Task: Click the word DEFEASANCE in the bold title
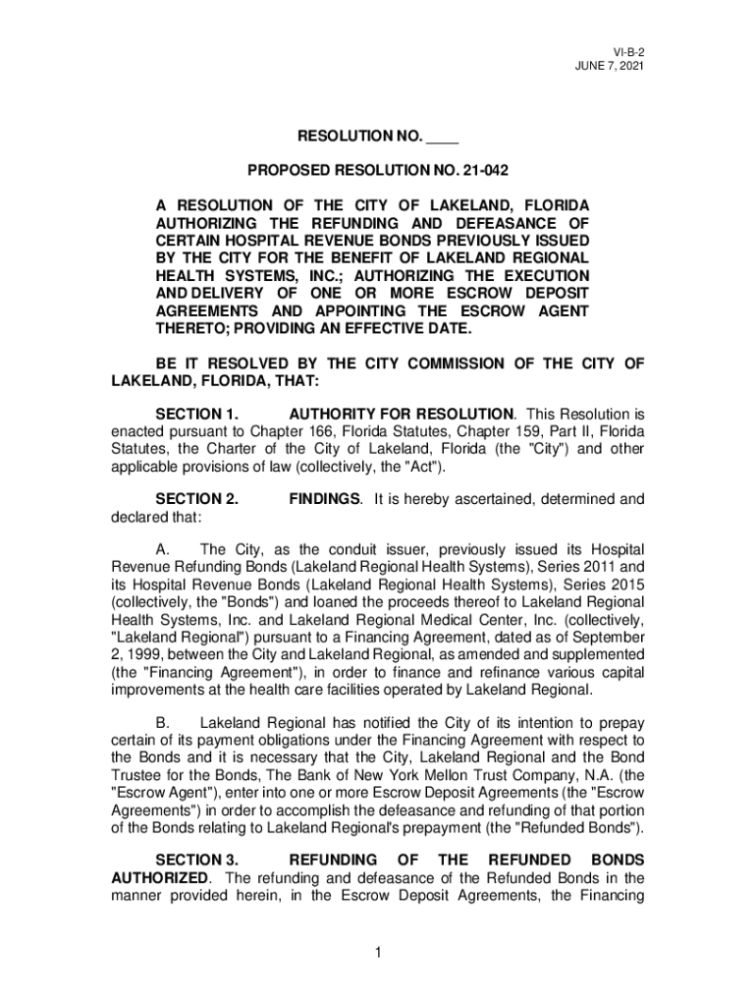click(x=496, y=224)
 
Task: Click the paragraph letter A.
click(x=163, y=549)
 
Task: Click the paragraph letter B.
click(x=163, y=721)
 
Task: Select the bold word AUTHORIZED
click(x=160, y=876)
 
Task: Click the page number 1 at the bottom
click(x=378, y=952)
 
